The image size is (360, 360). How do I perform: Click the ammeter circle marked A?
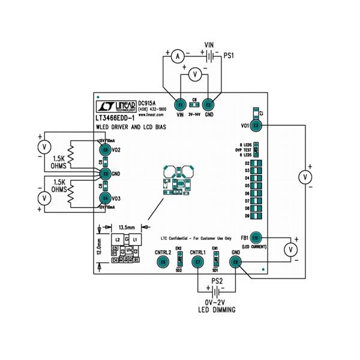click(176, 56)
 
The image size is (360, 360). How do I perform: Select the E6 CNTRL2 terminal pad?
click(162, 262)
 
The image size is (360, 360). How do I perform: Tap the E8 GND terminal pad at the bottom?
click(236, 262)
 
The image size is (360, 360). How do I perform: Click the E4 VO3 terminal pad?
click(106, 198)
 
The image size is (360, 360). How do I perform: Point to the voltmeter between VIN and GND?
click(194, 74)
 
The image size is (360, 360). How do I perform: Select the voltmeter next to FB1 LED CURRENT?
click(290, 248)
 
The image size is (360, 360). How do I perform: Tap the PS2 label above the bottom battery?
click(217, 281)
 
